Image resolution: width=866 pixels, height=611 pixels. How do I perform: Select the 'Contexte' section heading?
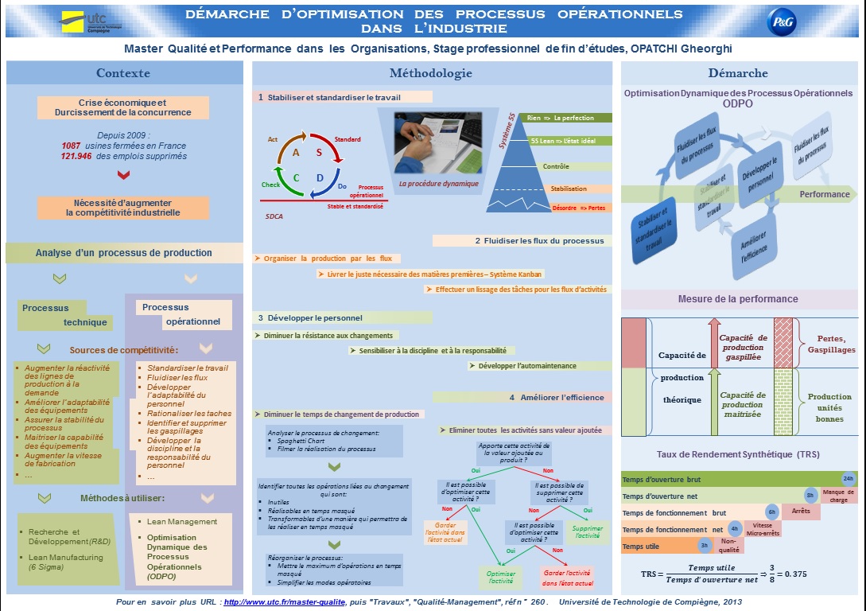(123, 73)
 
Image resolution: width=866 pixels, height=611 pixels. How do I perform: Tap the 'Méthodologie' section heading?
(430, 73)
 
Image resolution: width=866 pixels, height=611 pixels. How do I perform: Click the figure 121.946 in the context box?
(77, 157)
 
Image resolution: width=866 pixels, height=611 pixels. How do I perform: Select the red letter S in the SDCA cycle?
(319, 152)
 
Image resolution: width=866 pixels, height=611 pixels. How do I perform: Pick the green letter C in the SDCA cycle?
(296, 177)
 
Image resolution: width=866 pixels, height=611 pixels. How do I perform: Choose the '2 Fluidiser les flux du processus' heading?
(522, 240)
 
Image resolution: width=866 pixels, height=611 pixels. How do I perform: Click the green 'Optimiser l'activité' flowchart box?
(501, 577)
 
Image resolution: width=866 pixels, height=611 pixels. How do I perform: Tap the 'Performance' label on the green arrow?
(824, 194)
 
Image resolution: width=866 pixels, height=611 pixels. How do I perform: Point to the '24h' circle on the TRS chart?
(848, 478)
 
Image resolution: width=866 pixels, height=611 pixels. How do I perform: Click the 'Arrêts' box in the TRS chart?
(801, 511)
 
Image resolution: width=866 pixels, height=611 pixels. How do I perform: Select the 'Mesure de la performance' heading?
(738, 299)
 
